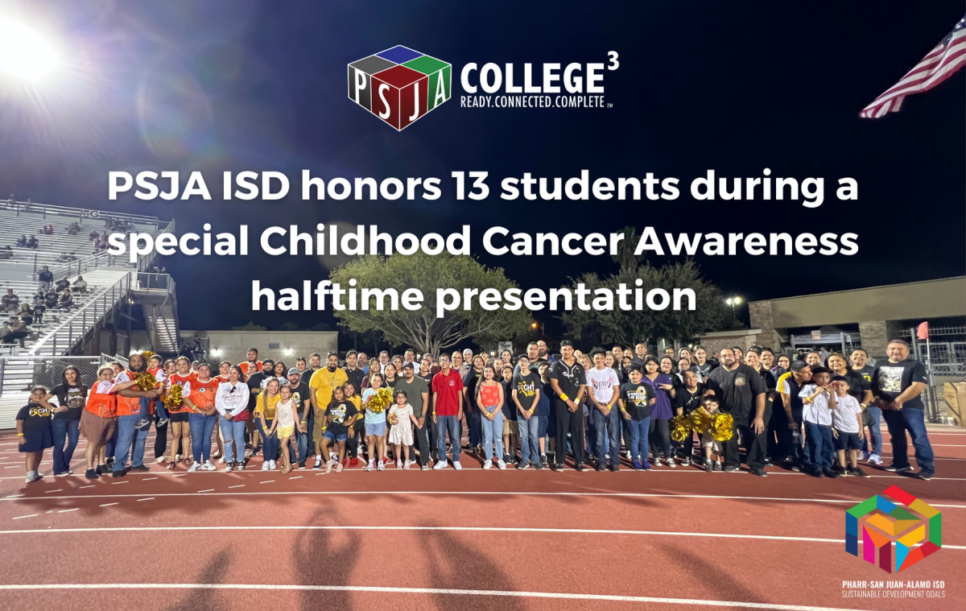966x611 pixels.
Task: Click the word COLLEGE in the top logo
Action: coord(531,78)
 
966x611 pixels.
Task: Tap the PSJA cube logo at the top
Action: coord(399,86)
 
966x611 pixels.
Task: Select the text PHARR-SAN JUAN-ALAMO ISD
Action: coord(893,584)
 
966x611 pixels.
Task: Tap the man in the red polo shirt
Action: coord(447,411)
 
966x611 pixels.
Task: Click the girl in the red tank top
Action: coord(491,415)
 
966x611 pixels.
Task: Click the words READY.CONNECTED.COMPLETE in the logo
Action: coord(535,103)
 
